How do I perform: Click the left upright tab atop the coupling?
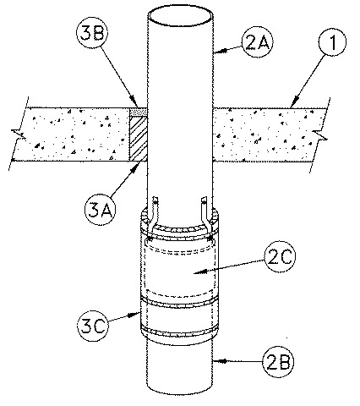pos(156,208)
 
